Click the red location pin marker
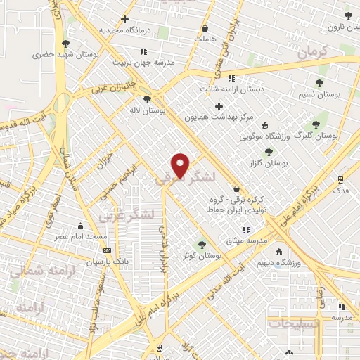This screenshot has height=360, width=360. click(x=181, y=165)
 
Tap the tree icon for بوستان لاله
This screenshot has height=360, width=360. click(x=147, y=99)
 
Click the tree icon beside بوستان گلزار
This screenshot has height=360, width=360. click(x=268, y=152)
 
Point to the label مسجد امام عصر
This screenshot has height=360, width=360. click(x=82, y=237)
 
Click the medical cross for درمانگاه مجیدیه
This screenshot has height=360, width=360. click(x=125, y=20)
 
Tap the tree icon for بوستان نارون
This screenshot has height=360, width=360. click(x=348, y=15)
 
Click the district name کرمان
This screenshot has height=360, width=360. click(x=313, y=51)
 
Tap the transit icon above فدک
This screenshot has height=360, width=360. click(x=340, y=179)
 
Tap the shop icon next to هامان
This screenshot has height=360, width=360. click(x=205, y=29)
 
